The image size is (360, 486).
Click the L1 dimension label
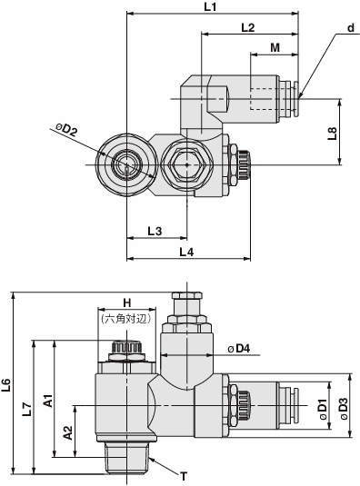[x=210, y=7]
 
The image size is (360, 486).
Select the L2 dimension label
[x=248, y=27]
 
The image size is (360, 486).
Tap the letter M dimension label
[x=275, y=48]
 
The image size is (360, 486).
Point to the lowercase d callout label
[x=351, y=28]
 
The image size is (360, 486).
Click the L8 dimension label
[x=332, y=133]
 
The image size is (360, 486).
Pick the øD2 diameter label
[x=66, y=130]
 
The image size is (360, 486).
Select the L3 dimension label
[x=155, y=231]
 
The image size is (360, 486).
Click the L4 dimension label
[x=186, y=252]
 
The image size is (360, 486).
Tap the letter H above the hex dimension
[x=127, y=303]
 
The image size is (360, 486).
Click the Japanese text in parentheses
[x=126, y=319]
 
